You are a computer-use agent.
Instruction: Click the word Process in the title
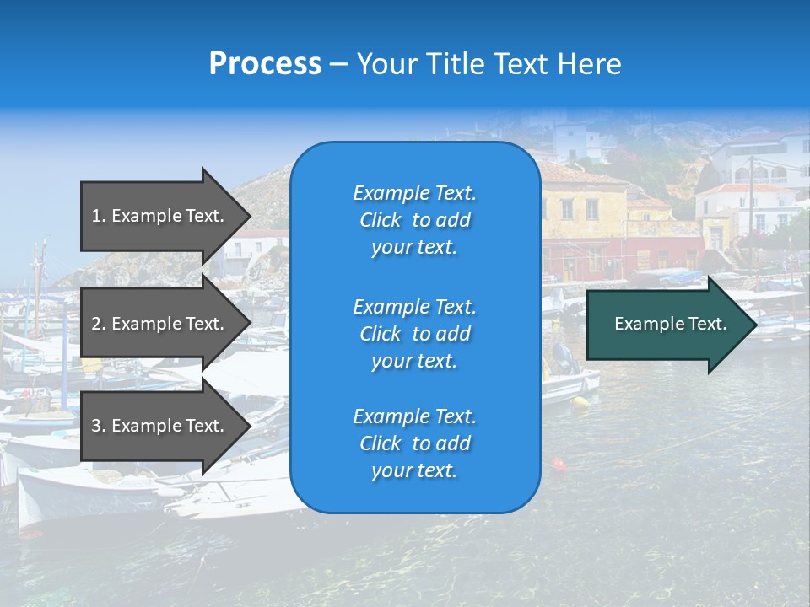coord(265,64)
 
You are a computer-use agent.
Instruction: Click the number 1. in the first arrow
coord(99,216)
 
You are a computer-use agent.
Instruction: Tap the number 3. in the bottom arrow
coord(99,426)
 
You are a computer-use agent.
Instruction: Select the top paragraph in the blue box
coord(414,220)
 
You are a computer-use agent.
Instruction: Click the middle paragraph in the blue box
coord(414,334)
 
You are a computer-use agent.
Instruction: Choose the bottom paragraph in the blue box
coord(414,443)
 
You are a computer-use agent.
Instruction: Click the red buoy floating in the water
coord(558,464)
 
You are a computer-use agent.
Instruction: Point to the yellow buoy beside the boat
coord(580,401)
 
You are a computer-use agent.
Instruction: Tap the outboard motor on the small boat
coord(564,358)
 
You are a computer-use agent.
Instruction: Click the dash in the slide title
coord(338,64)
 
